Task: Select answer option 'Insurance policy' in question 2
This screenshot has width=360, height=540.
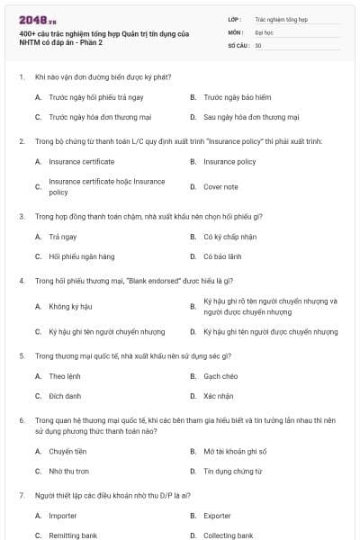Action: tap(230, 161)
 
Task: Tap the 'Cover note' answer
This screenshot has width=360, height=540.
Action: tap(220, 186)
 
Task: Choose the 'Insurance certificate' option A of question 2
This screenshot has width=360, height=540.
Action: tap(81, 161)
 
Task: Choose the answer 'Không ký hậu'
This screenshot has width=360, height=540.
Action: tap(71, 307)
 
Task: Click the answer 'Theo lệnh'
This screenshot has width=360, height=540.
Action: tap(65, 375)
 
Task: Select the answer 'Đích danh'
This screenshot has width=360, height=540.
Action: tap(65, 395)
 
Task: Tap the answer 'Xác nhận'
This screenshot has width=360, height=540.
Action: tap(219, 395)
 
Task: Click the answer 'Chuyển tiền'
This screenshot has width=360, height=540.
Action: tap(67, 451)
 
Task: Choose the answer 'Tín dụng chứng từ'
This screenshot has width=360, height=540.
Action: tap(232, 471)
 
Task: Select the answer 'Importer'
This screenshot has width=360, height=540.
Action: tap(63, 516)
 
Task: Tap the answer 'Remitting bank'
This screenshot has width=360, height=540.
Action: tap(73, 535)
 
